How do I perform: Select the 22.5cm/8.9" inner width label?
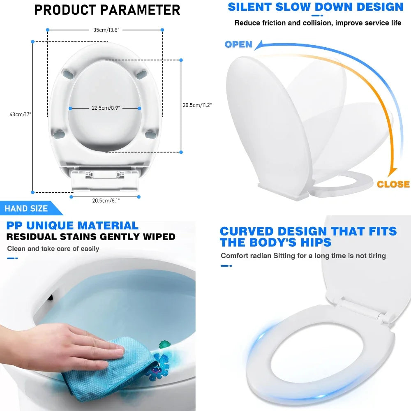coord(105,109)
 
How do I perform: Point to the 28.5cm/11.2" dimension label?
coord(197,105)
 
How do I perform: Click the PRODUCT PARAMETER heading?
coord(107,9)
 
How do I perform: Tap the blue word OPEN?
coord(238,44)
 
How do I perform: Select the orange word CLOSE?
coord(393,184)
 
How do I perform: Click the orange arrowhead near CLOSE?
coord(393,171)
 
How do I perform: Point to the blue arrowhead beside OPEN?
coord(259,44)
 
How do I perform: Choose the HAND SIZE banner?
coord(26,208)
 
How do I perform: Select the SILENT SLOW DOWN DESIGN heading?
coord(316,7)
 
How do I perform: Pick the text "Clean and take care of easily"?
coord(53,248)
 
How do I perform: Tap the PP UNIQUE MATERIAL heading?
coord(72,225)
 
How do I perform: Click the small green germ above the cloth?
coord(165,344)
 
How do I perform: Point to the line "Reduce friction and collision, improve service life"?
coord(318,23)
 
